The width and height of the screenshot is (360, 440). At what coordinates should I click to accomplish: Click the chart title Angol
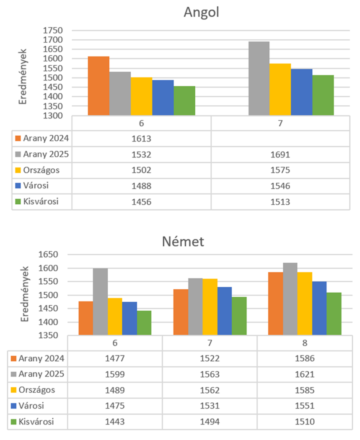pyautogui.click(x=202, y=13)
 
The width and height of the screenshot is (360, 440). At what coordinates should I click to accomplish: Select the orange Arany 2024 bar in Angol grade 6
pyautogui.click(x=98, y=86)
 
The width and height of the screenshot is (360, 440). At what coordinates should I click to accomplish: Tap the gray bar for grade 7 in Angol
pyautogui.click(x=259, y=78)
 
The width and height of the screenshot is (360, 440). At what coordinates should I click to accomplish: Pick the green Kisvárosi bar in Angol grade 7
pyautogui.click(x=323, y=95)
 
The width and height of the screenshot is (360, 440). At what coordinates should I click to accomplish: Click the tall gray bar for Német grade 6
pyautogui.click(x=100, y=301)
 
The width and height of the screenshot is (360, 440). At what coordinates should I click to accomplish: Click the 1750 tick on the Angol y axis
pyautogui.click(x=52, y=31)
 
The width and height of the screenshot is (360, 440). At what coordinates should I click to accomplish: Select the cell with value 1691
pyautogui.click(x=280, y=154)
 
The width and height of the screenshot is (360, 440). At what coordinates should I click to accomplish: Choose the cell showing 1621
pyautogui.click(x=305, y=374)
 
